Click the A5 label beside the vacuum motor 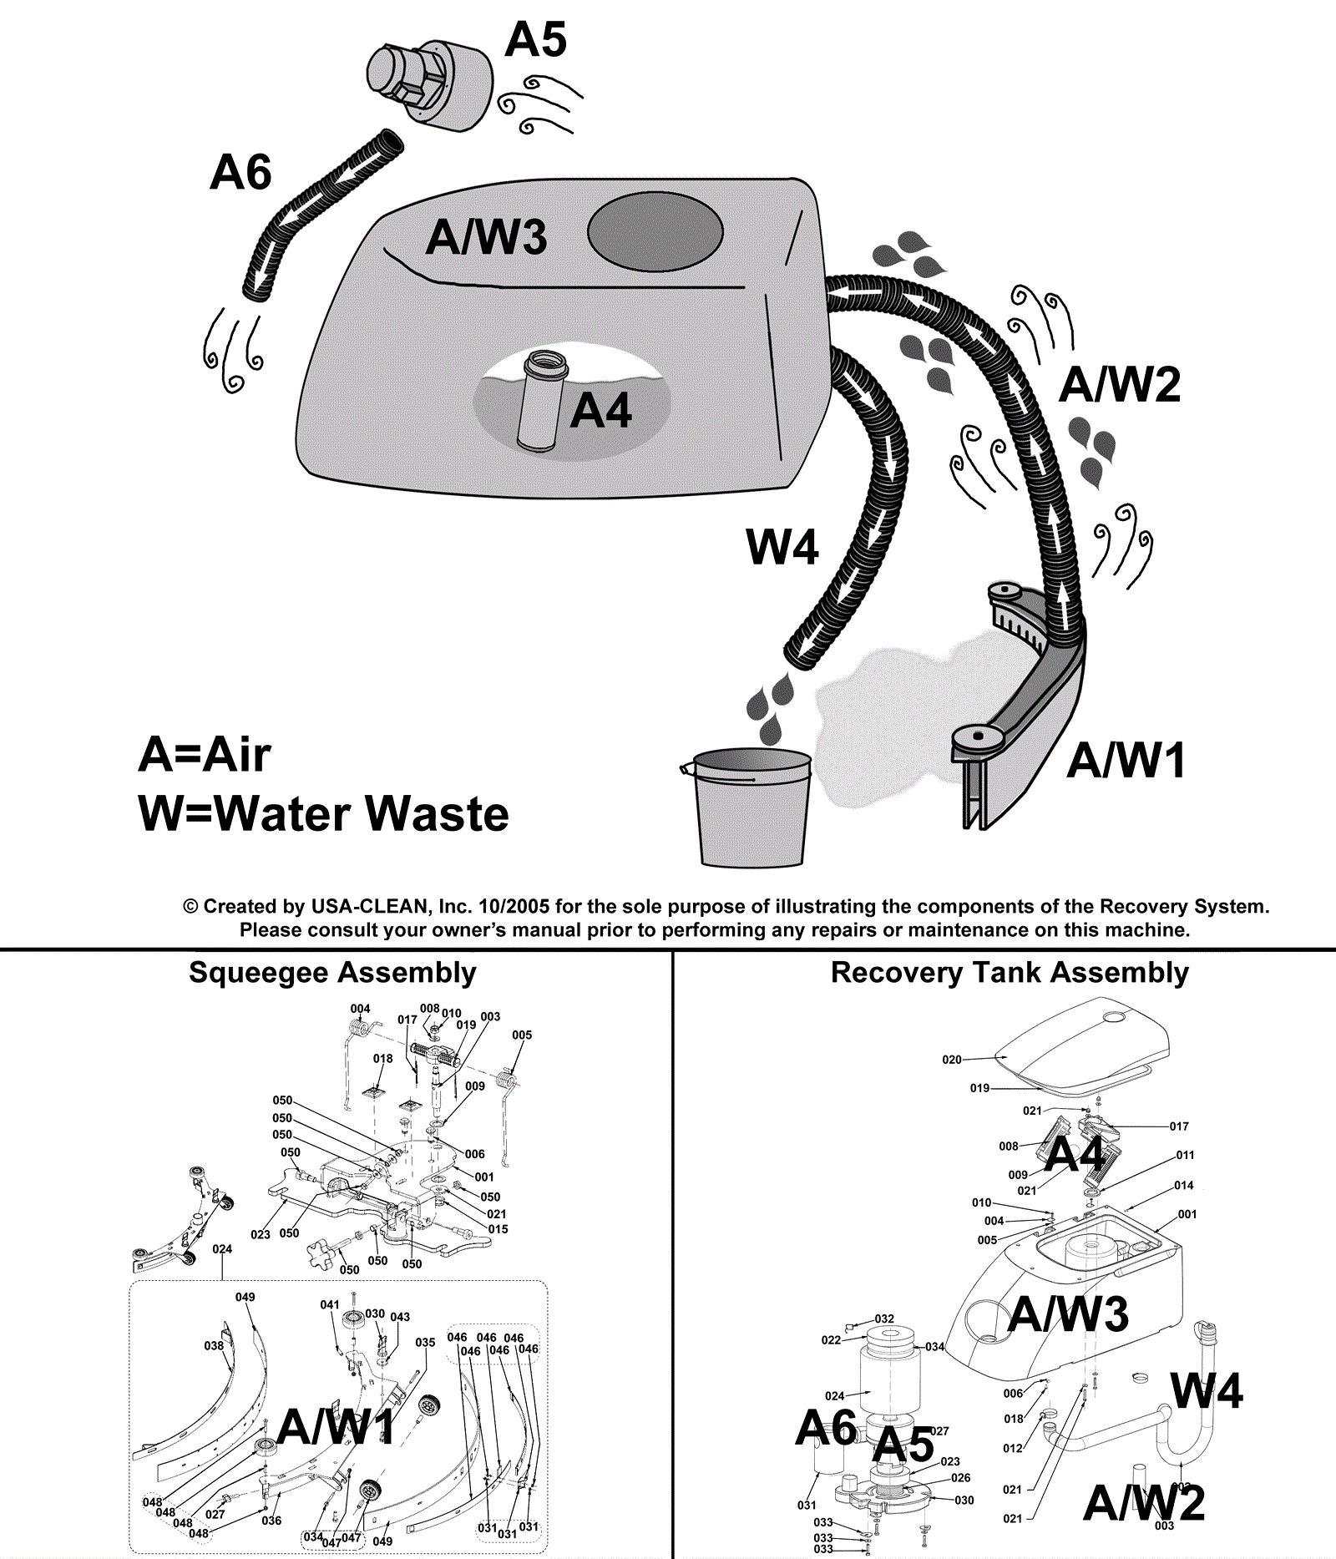535,39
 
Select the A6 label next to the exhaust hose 240,173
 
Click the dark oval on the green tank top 655,231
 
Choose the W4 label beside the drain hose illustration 782,548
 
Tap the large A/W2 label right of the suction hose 1120,385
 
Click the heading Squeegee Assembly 332,973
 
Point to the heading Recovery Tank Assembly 1010,973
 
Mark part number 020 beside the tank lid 952,1060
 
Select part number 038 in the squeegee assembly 214,1346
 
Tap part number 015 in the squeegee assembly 498,1229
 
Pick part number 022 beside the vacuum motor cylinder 831,1340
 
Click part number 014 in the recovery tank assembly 1183,1185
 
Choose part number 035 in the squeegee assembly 425,1343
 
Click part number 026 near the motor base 960,1478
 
